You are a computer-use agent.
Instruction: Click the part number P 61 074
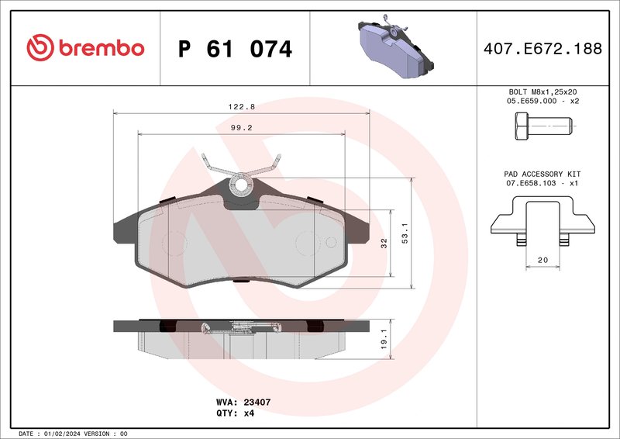coord(235,49)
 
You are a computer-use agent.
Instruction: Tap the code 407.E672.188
coord(542,49)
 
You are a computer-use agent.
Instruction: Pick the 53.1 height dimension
coord(404,233)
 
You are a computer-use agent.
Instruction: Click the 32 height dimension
coord(384,243)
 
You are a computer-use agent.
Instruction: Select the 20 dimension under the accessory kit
coord(542,261)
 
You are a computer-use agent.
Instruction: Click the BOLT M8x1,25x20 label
coord(542,92)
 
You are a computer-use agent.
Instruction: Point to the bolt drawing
coord(542,125)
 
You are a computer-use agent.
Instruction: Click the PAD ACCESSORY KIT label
coord(542,175)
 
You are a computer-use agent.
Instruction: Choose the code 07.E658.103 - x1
coord(542,184)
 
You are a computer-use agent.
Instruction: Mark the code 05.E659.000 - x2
coord(542,101)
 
